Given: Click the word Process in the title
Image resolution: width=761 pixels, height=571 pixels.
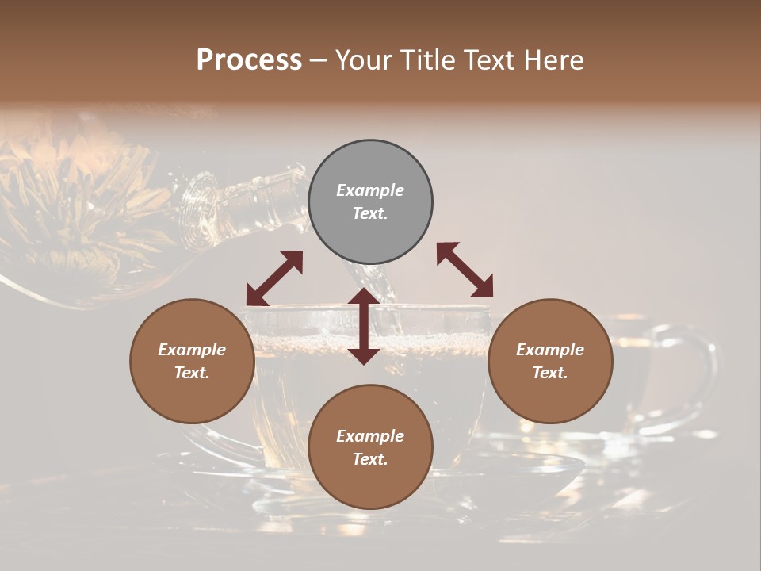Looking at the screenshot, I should click(249, 60).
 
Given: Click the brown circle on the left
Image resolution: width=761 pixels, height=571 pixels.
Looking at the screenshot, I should click(192, 361).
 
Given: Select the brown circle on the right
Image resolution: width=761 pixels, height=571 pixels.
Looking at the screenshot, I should click(550, 361).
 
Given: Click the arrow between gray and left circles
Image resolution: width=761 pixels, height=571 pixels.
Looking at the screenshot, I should click(274, 278).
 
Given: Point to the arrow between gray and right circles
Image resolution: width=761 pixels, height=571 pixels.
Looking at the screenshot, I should click(465, 270).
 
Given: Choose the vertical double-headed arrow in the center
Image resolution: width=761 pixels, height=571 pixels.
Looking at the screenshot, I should click(363, 326).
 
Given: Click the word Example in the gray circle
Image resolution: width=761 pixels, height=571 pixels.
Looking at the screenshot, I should click(370, 190).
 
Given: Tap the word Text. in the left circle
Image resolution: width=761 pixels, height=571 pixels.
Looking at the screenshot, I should click(192, 373).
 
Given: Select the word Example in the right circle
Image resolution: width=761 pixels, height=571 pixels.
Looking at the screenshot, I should click(550, 350).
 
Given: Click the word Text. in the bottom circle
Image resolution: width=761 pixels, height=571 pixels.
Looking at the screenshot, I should click(370, 459).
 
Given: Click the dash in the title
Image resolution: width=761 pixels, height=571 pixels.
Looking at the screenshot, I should click(318, 60).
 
